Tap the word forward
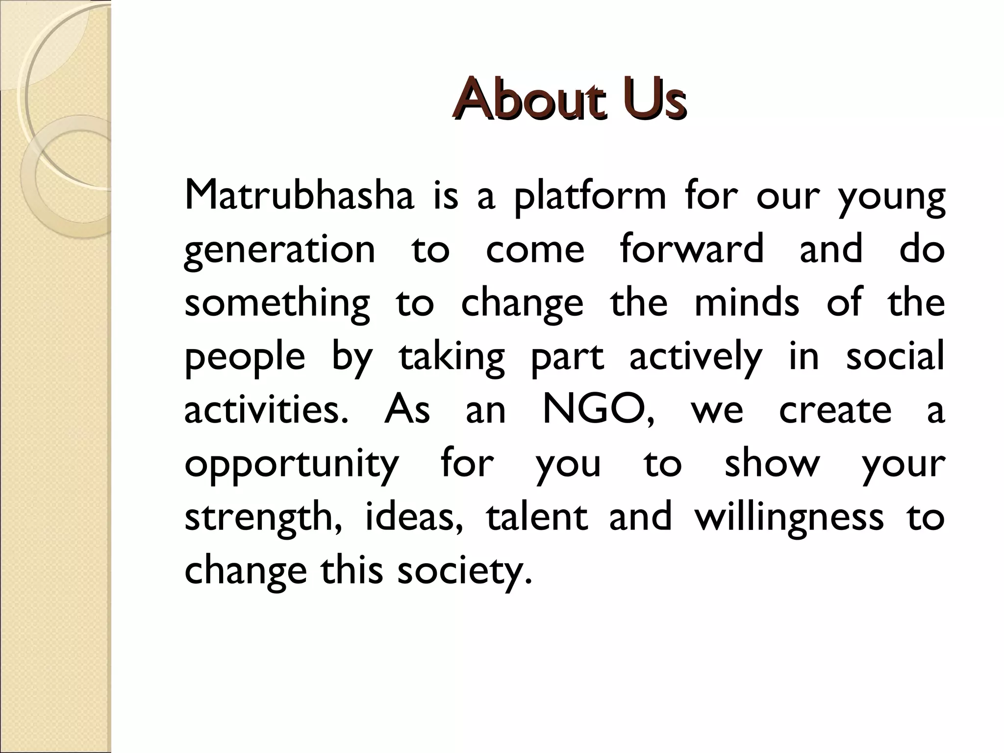coord(691,248)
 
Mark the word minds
coord(747,302)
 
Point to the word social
coord(895,356)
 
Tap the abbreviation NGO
coord(598,410)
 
